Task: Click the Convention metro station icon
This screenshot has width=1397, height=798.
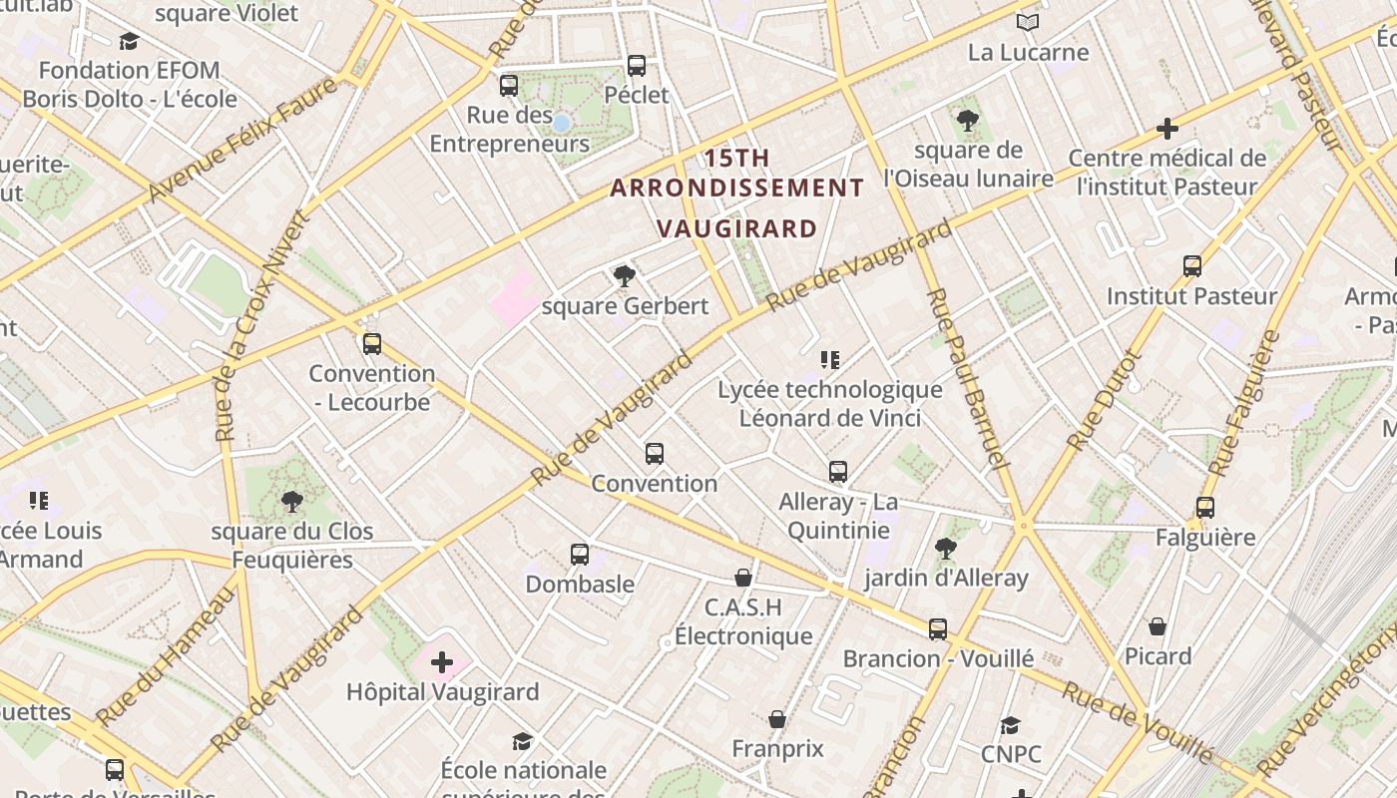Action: [655, 454]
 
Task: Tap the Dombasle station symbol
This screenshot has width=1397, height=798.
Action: [580, 555]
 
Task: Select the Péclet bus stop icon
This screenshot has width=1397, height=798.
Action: [637, 66]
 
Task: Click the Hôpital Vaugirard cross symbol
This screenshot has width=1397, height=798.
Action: [442, 662]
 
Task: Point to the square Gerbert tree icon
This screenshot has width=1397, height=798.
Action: [625, 276]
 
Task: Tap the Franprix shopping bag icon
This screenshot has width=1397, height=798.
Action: [777, 719]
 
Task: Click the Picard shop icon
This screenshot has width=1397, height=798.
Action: [1158, 626]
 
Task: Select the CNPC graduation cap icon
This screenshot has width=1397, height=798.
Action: [1011, 725]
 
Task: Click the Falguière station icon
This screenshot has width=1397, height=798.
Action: [1205, 508]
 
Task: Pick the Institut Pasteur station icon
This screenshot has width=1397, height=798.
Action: [1192, 266]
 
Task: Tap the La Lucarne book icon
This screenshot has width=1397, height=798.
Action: [1028, 22]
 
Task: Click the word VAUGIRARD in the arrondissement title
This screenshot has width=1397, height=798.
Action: [738, 228]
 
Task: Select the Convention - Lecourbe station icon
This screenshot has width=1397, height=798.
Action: [372, 344]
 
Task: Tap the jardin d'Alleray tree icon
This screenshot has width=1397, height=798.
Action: [945, 548]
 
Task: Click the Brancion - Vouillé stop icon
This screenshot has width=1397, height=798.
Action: [938, 629]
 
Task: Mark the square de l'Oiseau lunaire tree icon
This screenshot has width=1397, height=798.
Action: [967, 121]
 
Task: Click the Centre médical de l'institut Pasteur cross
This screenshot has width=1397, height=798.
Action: [1167, 129]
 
